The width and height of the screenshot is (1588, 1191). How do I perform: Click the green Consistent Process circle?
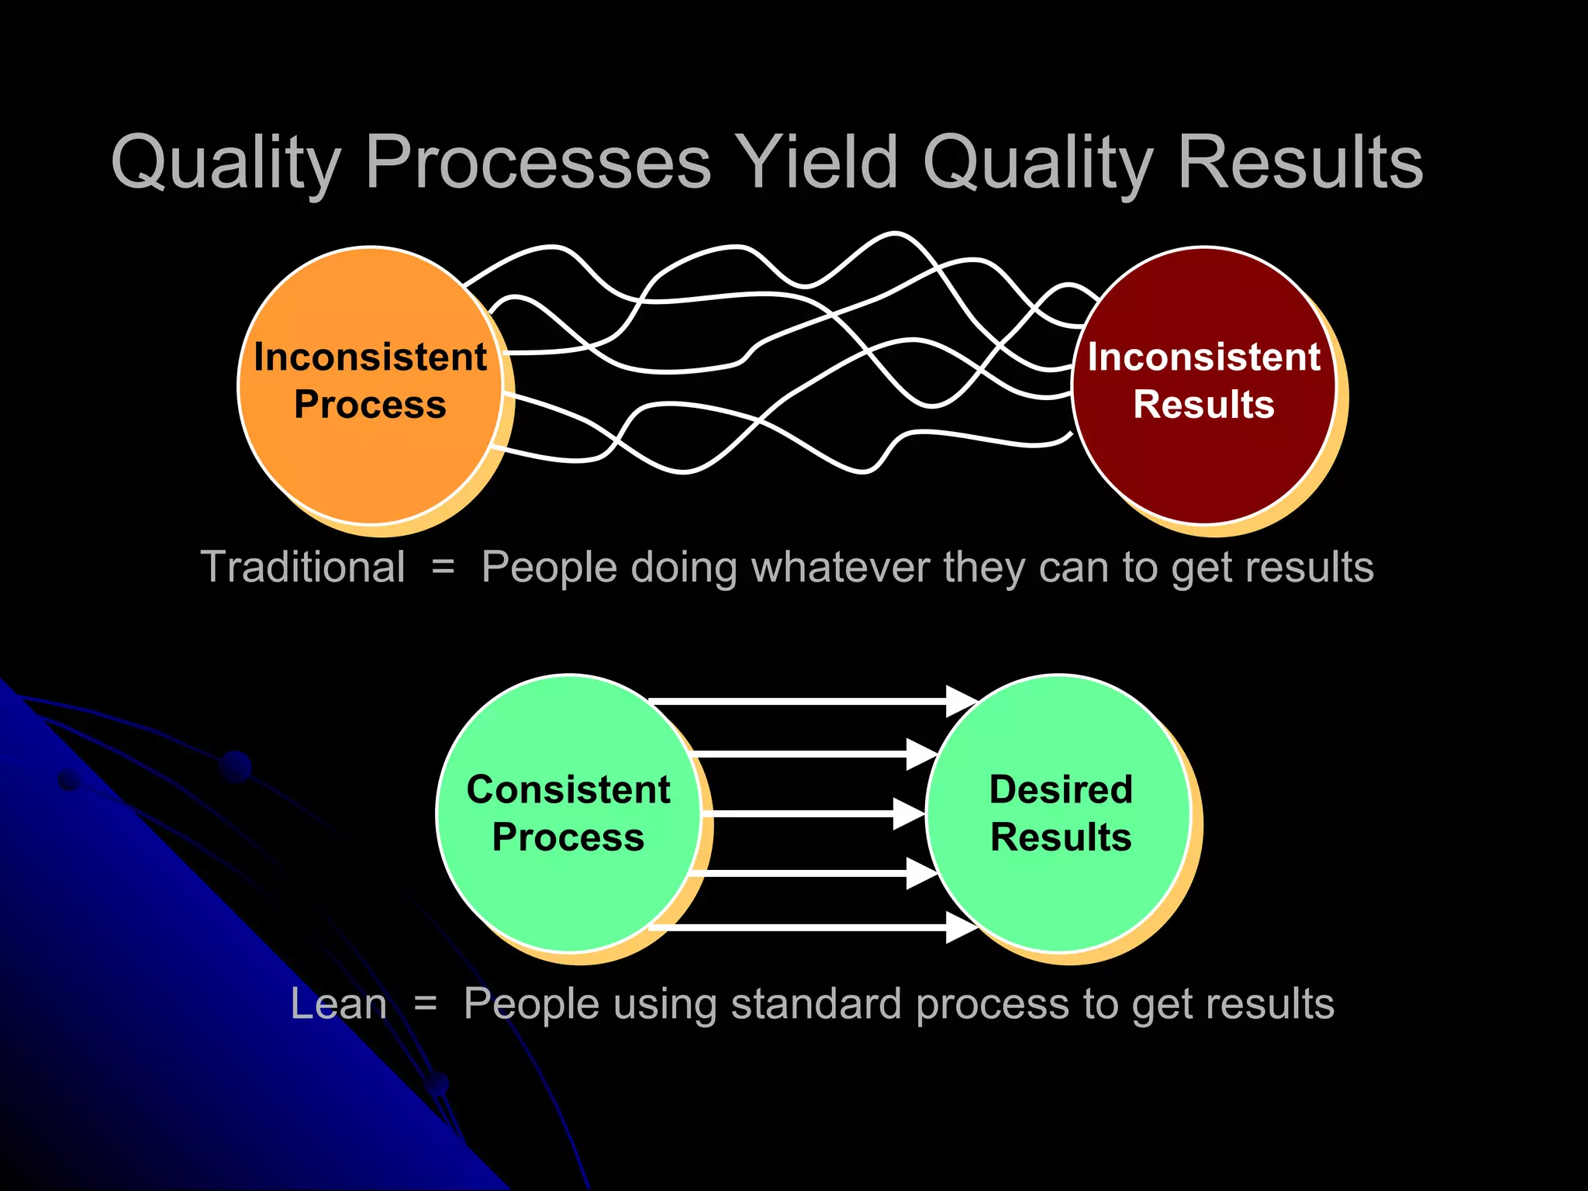[568, 899]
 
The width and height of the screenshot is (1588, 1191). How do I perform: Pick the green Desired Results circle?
[1060, 899]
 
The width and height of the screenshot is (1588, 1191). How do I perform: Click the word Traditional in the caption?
[302, 567]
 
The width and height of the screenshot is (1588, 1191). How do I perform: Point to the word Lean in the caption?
[338, 1004]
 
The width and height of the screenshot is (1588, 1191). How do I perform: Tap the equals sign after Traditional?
[443, 568]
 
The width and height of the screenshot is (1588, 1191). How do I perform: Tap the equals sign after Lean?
[425, 1005]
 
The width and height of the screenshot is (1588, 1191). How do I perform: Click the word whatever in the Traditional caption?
[841, 567]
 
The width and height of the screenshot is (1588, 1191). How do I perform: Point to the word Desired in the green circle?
[1060, 789]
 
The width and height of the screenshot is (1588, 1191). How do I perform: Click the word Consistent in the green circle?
[568, 789]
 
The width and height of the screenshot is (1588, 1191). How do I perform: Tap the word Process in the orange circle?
[370, 405]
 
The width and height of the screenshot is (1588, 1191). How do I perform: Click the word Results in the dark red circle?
[1203, 405]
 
